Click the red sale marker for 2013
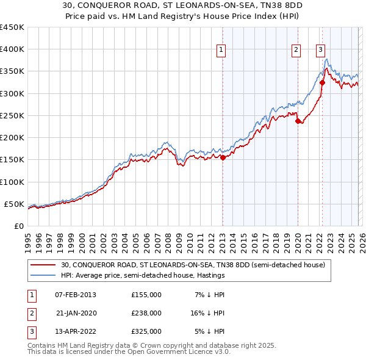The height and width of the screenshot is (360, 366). [223, 157]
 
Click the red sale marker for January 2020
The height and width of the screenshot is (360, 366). [298, 121]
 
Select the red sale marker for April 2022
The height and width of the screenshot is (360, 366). [322, 82]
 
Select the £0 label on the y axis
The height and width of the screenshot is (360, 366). [18, 226]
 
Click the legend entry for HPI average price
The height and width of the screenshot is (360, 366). [143, 275]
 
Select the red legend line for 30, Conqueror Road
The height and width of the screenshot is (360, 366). [43, 265]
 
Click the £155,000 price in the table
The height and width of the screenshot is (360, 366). [146, 295]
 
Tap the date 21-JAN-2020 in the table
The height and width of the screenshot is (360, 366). [76, 313]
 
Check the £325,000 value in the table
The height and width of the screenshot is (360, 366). [146, 331]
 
